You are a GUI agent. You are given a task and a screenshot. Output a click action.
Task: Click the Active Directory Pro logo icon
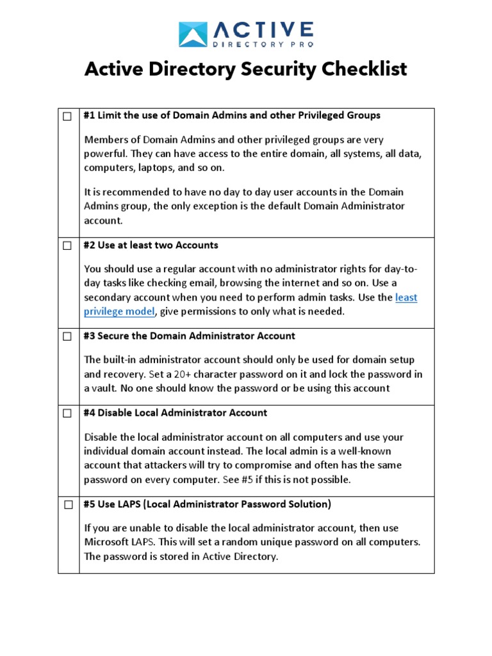coord(193,34)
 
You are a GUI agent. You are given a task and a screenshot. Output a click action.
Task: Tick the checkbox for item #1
coord(67,117)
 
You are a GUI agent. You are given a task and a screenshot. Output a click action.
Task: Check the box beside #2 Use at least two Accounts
coord(67,246)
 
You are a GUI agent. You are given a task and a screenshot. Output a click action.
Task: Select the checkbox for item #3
coord(67,337)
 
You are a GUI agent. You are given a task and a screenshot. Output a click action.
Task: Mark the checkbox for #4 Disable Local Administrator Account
coord(67,414)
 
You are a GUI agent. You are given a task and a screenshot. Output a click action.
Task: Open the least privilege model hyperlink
coord(120,311)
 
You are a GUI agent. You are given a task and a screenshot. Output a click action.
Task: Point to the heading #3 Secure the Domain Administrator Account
coord(190,336)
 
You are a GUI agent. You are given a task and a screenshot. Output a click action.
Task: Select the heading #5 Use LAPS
coord(208,504)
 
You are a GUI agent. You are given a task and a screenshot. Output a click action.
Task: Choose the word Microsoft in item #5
coord(107,542)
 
